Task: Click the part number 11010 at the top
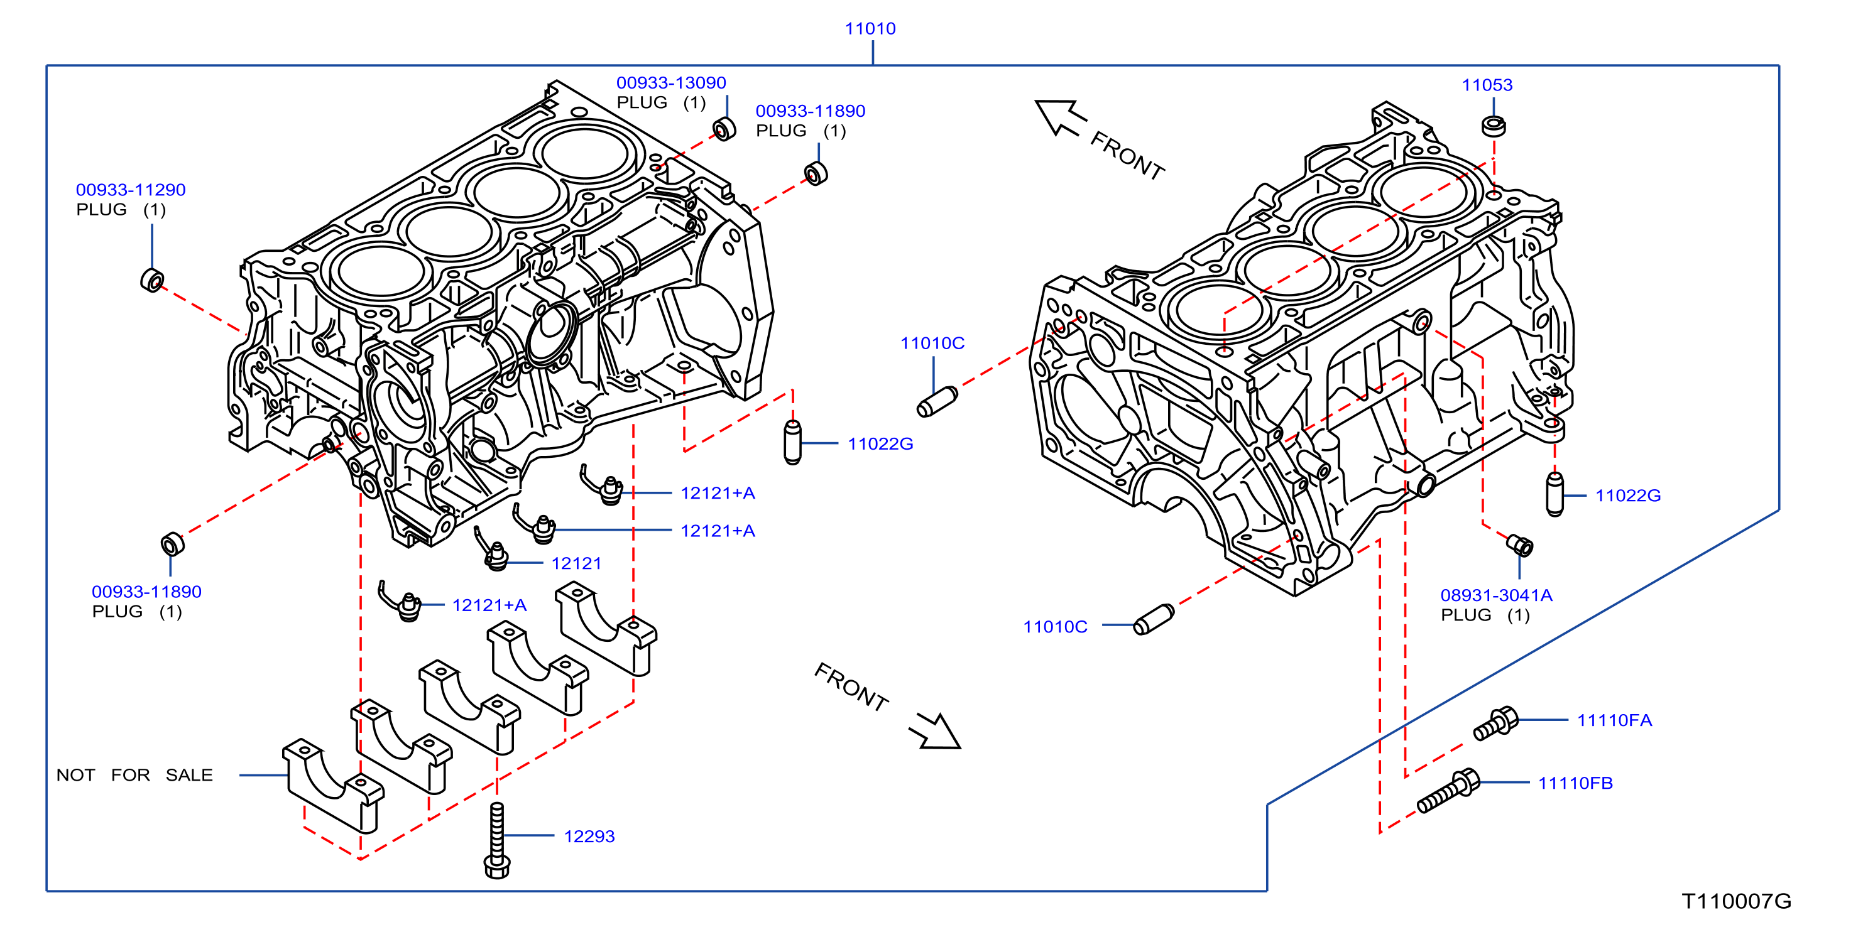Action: [x=870, y=28]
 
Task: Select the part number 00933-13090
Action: [x=670, y=82]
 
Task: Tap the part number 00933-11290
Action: [x=131, y=190]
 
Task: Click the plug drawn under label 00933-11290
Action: [x=152, y=280]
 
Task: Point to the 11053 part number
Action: [x=1487, y=85]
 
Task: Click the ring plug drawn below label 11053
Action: [x=1494, y=126]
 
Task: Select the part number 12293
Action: [x=589, y=836]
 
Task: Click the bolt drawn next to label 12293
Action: [x=497, y=840]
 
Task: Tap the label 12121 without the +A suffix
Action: [x=576, y=563]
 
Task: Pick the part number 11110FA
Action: [x=1614, y=720]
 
